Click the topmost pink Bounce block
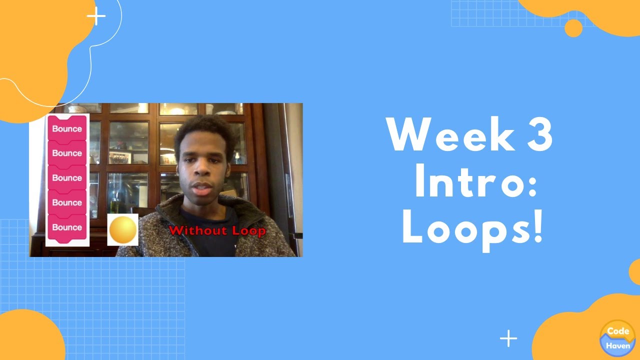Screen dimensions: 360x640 [x=67, y=128]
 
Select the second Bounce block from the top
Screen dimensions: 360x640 [x=67, y=153]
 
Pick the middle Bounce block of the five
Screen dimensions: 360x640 [x=67, y=177]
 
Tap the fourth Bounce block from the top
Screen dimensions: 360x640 [x=67, y=202]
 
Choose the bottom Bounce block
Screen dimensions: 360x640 [x=67, y=227]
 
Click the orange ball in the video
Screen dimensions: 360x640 [x=122, y=230]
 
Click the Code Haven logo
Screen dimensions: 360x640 [x=617, y=338]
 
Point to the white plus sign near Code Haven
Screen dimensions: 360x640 [x=508, y=338]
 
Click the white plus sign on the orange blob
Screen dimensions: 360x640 [x=96, y=16]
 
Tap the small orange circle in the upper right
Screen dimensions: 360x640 [x=573, y=28]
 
